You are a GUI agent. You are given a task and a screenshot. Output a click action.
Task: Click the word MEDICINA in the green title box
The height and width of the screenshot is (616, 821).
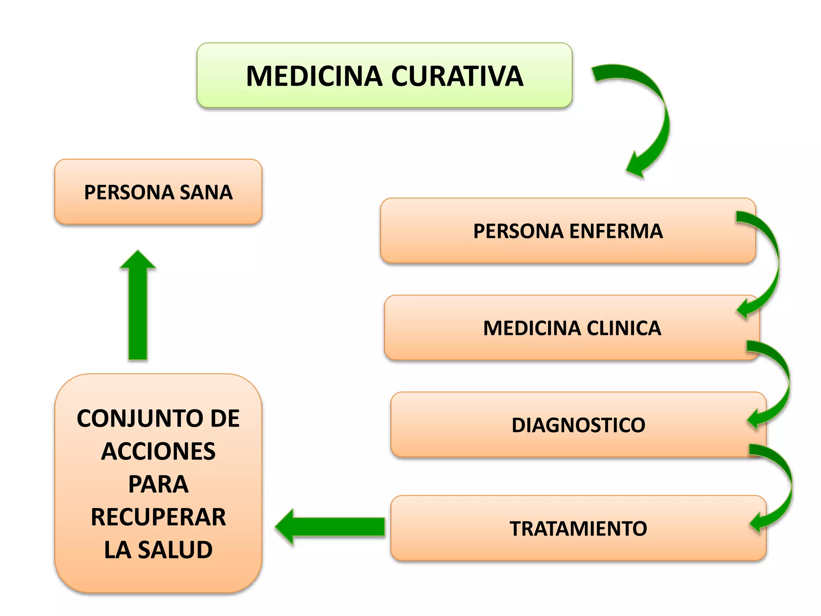[x=314, y=76]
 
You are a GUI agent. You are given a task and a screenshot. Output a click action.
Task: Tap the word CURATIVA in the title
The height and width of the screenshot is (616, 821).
[x=457, y=76]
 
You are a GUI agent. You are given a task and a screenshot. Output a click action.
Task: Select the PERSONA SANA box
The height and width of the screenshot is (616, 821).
[x=158, y=192]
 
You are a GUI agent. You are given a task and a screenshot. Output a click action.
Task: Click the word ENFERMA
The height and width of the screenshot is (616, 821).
[x=616, y=231]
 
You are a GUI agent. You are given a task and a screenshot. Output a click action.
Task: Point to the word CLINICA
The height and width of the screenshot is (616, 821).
[x=624, y=328]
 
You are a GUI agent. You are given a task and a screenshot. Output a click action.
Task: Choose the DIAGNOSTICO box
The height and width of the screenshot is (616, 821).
[x=578, y=425]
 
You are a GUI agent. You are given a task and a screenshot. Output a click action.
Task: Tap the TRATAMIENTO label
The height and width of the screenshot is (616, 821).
[x=578, y=529]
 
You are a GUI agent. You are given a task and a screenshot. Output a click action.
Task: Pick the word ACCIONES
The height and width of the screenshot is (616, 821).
[x=158, y=452]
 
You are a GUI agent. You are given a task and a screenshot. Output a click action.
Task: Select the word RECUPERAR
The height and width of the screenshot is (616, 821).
[x=158, y=517]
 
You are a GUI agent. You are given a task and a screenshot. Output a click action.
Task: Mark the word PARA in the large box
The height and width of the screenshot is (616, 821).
[x=158, y=484]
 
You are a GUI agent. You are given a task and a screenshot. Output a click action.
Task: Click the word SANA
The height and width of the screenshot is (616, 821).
[x=206, y=192]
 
